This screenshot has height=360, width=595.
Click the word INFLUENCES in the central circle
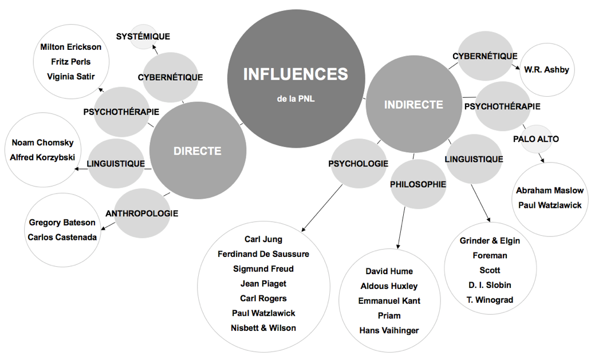coord(295,74)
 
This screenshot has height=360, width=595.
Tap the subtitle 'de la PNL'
coord(295,98)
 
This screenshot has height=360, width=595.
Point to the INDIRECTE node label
coord(413,105)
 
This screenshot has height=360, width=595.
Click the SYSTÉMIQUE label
coord(143,37)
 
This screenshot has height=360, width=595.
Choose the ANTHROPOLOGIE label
coord(141,213)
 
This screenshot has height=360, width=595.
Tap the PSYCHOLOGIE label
coord(358,164)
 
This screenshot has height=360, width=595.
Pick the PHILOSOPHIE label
coord(417,184)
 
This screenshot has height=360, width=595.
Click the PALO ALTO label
coord(535,139)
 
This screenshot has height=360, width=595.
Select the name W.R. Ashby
coord(546,70)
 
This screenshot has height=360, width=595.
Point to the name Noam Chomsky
coord(42,143)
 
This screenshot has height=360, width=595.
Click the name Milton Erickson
coord(71,47)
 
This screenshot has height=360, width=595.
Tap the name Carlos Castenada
coord(62,237)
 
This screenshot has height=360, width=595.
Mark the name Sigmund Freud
coord(263,269)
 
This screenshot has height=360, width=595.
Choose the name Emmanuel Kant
coord(389,301)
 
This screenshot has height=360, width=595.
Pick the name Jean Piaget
coord(263,283)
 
